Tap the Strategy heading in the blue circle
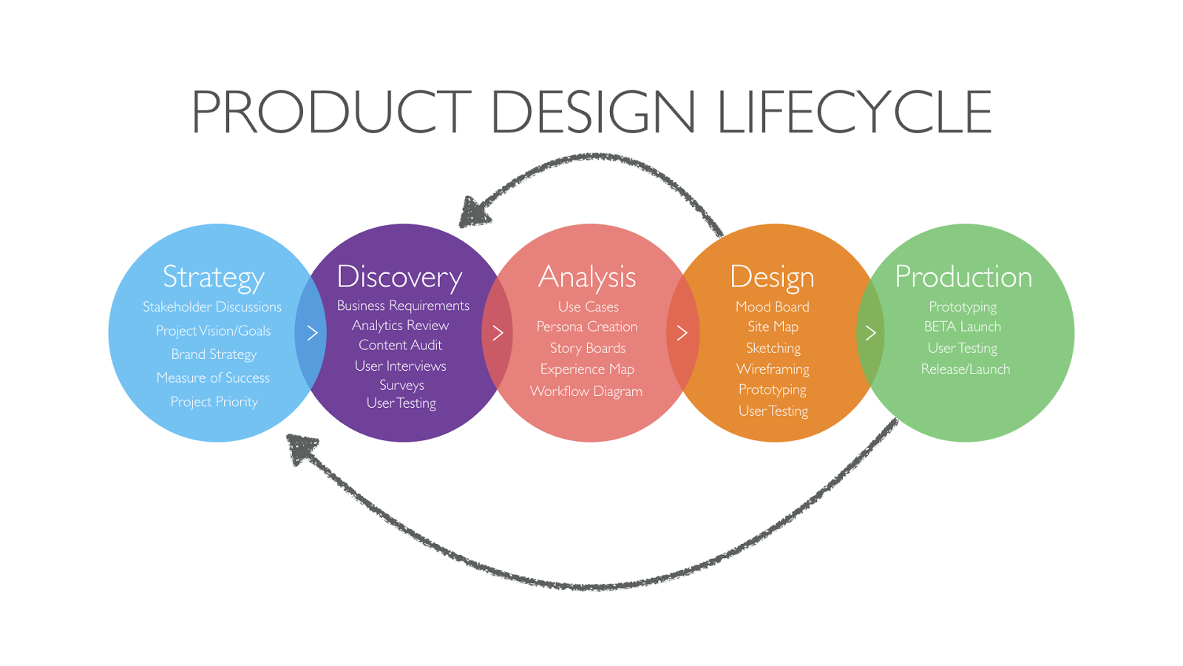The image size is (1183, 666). (213, 277)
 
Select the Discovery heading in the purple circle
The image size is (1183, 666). (399, 277)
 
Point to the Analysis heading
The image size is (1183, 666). (587, 277)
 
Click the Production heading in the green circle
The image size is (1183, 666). (963, 277)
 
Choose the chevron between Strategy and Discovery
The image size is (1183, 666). (313, 333)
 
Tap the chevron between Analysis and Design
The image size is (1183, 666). (682, 333)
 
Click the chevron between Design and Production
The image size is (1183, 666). (870, 333)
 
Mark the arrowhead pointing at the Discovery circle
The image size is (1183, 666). (473, 212)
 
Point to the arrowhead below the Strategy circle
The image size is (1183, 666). (302, 448)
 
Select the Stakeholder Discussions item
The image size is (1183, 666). (212, 307)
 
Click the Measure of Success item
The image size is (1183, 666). (213, 378)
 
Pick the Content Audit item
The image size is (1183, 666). (400, 346)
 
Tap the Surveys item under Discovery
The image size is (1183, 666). (401, 386)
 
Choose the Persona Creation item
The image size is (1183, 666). (587, 327)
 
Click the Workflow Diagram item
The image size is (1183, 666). (586, 391)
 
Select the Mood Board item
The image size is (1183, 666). (773, 307)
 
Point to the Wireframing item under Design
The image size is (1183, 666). (773, 369)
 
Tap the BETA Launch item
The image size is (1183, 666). (963, 327)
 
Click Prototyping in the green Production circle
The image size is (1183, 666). (963, 307)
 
